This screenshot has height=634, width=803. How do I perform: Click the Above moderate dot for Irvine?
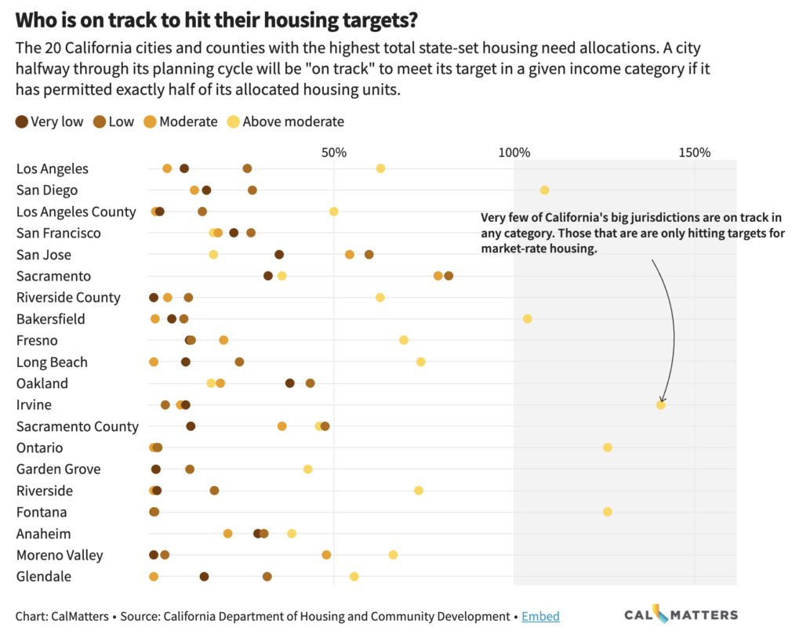(660, 404)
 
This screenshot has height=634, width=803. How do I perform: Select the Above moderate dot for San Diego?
(544, 190)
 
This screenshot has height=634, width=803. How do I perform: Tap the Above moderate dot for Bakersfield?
(528, 319)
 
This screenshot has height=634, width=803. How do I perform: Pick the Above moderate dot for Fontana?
(608, 512)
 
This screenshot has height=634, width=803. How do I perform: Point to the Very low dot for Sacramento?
(268, 276)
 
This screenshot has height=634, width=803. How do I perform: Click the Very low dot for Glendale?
(205, 577)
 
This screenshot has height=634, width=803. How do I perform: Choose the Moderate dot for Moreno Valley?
(326, 555)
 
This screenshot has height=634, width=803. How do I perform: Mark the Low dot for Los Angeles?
(247, 168)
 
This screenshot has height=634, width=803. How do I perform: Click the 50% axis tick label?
(334, 153)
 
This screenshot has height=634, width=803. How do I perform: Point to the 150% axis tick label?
(695, 153)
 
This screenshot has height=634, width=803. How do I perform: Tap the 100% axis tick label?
(514, 153)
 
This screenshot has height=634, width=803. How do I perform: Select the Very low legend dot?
(21, 121)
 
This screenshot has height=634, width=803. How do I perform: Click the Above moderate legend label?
(293, 121)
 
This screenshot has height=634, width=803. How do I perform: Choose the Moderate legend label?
(188, 121)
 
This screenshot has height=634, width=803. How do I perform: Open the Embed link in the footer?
(540, 616)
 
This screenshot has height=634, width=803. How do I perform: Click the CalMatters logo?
(681, 614)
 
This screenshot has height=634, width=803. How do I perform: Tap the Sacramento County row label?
(78, 427)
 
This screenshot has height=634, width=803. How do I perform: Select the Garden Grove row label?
(58, 469)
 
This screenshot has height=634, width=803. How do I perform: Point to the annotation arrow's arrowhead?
(662, 400)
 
